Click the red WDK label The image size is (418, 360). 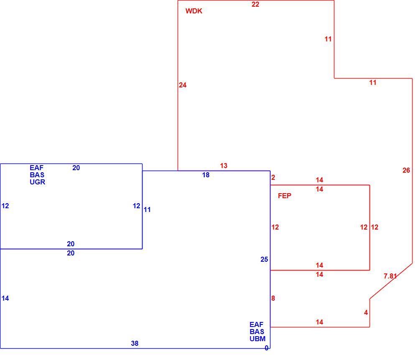pos(194,11)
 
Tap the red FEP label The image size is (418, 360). pos(284,196)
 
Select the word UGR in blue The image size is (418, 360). pos(37,182)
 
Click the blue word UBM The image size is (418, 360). pos(257,339)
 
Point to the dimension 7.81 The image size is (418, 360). pos(390,276)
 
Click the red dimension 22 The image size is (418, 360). pos(255,4)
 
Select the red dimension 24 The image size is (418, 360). pos(183,85)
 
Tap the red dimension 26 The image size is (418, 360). pos(406,171)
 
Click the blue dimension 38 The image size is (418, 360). pos(135,343)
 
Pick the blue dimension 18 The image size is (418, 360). pos(206,175)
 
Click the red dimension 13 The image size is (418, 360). pos(224,166)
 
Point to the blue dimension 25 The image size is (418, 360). pos(264,260)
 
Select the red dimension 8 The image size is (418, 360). pos(273,299)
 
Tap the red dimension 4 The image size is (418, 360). pos(366,312)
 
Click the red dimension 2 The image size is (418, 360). pos(273,178)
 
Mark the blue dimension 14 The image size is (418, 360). pos(5,299)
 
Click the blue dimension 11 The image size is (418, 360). pos(147,210)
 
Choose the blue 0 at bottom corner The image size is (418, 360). pos(266,348)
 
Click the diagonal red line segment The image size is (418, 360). pos(391,281)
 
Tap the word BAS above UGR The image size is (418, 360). pos(37,175)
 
